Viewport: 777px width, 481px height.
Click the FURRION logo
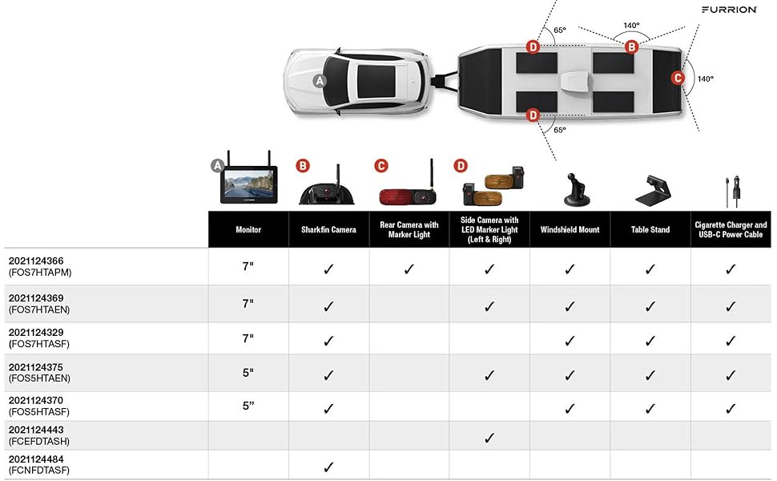[729, 10]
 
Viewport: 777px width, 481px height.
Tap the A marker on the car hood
[320, 81]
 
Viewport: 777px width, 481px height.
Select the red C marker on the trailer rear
[678, 78]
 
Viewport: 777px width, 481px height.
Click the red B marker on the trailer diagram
[631, 47]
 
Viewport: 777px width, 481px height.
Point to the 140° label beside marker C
[705, 79]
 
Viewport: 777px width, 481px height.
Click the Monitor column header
[248, 229]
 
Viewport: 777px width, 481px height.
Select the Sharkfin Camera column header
[328, 229]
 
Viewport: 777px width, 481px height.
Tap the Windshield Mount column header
[570, 229]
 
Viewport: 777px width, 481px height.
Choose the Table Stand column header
[650, 229]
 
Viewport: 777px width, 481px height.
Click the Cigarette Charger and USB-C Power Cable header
[731, 229]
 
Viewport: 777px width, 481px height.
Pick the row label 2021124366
[36, 261]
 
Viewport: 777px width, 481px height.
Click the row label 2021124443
[36, 430]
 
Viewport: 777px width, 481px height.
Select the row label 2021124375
[36, 367]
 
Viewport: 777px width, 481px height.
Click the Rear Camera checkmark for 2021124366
[409, 269]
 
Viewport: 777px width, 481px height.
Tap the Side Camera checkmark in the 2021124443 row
[489, 438]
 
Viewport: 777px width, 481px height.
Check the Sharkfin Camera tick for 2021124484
[328, 467]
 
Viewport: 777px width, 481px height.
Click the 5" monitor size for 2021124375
[248, 372]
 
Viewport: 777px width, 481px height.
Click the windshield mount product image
[574, 188]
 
